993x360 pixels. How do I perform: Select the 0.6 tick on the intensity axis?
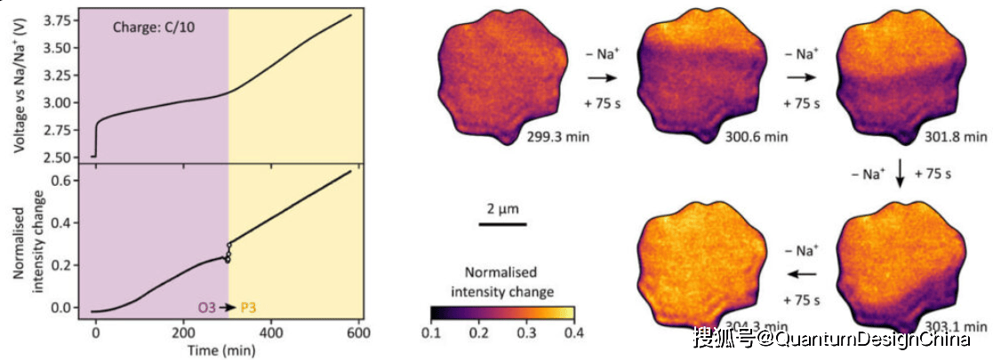pos(63,181)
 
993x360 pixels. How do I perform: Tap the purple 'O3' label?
pos(205,308)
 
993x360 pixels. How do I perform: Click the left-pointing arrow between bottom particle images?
pos(804,274)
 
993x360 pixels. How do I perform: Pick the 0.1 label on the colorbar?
pos(431,332)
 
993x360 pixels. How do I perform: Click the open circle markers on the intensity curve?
pos(228,253)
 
